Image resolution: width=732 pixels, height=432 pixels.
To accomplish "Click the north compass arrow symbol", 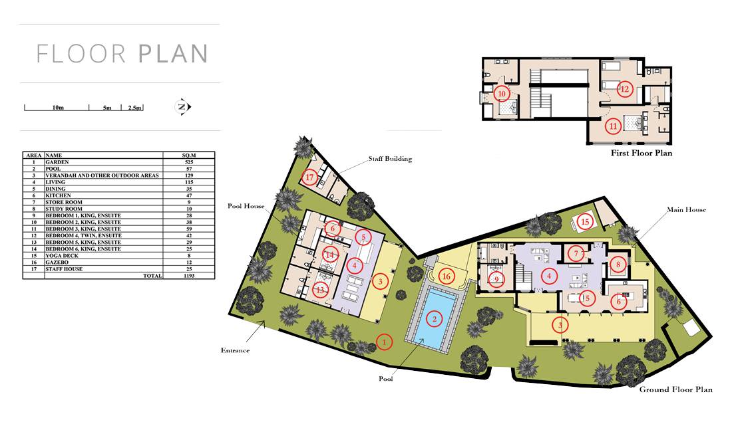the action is coord(182,107).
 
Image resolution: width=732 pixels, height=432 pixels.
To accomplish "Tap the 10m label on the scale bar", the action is coord(58,108).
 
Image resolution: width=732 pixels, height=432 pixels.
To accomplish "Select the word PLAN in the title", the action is coord(173,54).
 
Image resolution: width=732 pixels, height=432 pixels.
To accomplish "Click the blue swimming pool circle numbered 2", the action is coord(435,319).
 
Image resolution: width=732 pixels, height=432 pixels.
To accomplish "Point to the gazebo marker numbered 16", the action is coord(446,276).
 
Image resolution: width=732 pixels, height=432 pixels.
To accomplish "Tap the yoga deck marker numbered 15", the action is coord(586,222).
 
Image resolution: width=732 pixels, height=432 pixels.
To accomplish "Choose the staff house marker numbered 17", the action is coord(310,177).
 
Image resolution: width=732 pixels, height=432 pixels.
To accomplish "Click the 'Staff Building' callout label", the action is coord(390,159).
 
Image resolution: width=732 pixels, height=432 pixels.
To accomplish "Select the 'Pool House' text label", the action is coord(246,206).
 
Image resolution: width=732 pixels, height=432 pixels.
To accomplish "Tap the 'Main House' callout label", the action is coord(686,210).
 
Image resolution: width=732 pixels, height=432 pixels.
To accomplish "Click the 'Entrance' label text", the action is coord(236,350).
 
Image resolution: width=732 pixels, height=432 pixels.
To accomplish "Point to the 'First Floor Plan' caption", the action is coord(641,153).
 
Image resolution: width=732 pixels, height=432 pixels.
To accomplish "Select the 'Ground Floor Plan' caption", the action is coord(676,389).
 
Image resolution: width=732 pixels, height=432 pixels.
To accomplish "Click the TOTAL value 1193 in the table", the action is coord(188,275).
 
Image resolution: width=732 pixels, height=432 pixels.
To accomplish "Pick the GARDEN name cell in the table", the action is coord(57,162).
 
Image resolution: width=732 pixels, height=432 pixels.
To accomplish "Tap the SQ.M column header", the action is coord(188,155).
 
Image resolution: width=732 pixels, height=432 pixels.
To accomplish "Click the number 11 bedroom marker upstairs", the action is coord(613,126).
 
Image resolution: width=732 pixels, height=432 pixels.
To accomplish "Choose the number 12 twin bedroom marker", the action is coord(625,88).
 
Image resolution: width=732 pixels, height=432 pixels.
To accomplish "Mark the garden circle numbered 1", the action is coord(384,342).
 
